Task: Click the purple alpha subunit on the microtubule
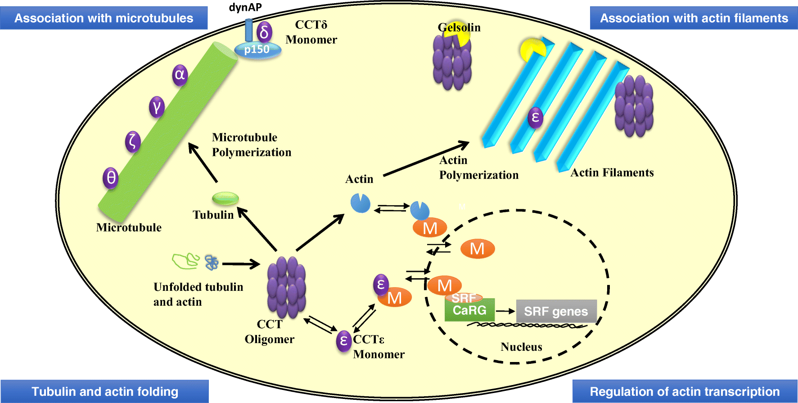point(180,74)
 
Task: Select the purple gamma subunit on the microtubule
point(157,107)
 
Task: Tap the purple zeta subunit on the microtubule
point(133,141)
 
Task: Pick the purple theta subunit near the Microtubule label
point(111,177)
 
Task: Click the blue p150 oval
point(257,50)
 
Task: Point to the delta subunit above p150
point(264,32)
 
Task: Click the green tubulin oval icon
point(225,198)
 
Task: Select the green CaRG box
point(469,310)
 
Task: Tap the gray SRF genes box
point(556,311)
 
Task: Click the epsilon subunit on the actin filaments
point(535,118)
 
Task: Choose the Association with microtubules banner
point(104,18)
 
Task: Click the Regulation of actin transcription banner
point(685,391)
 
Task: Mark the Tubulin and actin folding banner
point(104,391)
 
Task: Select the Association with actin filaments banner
point(694,18)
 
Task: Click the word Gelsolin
point(459,27)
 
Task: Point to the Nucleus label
point(521,347)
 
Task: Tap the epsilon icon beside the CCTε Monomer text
point(344,341)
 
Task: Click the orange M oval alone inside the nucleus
point(477,249)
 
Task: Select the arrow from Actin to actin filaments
point(425,159)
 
